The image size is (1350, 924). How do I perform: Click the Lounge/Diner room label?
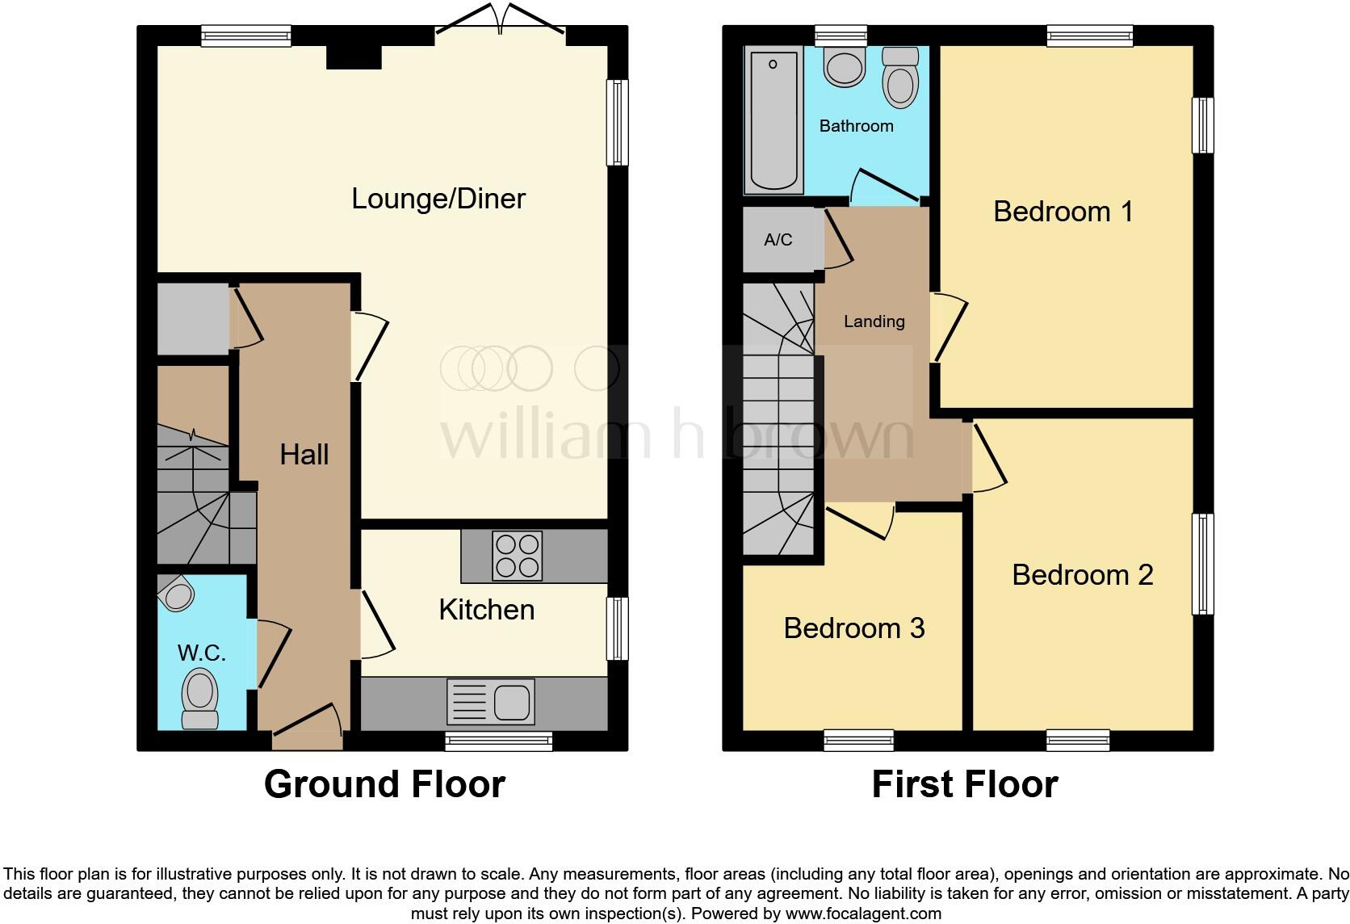click(438, 199)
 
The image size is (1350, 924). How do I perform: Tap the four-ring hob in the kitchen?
click(517, 556)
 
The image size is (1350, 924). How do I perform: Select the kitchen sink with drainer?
click(491, 701)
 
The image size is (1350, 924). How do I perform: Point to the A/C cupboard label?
click(778, 240)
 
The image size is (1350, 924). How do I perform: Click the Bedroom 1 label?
click(1063, 212)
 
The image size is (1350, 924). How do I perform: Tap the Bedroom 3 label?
click(853, 628)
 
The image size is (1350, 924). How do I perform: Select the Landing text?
click(874, 321)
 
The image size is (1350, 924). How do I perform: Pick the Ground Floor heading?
click(384, 784)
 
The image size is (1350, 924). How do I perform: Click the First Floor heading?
click(965, 784)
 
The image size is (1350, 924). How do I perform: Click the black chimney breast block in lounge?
click(354, 57)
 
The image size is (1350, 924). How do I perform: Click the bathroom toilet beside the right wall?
click(900, 78)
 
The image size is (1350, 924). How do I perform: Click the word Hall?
click(304, 455)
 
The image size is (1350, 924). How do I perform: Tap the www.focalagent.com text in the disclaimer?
click(863, 914)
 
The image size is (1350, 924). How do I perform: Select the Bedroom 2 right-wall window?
click(1203, 564)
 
